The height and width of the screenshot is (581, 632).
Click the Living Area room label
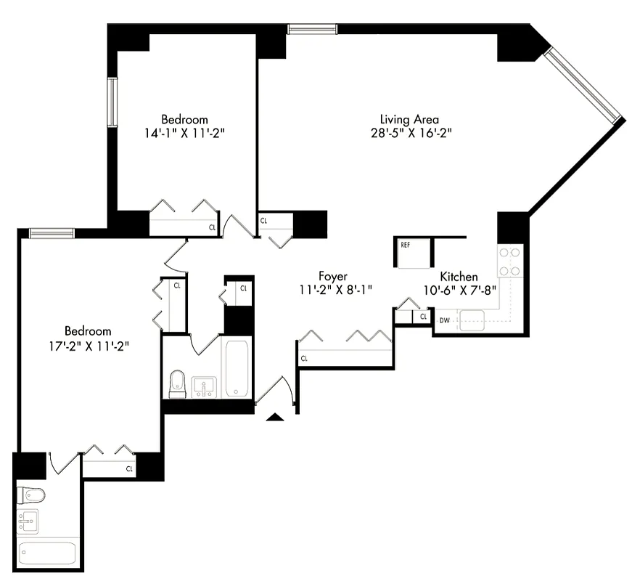[410, 119]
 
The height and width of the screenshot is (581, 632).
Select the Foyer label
[332, 276]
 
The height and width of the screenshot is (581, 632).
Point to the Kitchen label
[459, 277]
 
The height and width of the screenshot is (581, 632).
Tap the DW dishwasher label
[443, 320]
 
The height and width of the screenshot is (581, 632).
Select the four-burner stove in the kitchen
[509, 261]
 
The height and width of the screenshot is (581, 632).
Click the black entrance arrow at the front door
[274, 416]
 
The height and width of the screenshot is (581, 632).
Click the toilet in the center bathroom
[178, 384]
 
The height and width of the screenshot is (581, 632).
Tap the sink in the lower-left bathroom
[28, 521]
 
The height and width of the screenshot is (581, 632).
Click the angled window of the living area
[585, 85]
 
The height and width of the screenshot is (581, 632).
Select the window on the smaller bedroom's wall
[112, 101]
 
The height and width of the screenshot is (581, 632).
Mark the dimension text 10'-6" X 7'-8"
[459, 290]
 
